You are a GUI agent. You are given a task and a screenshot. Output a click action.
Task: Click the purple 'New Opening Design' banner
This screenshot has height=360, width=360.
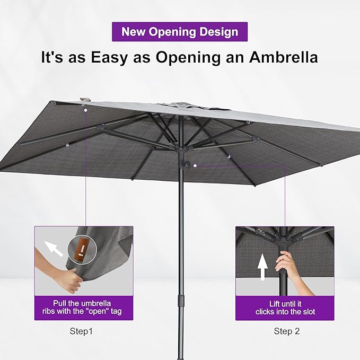coord(180,31)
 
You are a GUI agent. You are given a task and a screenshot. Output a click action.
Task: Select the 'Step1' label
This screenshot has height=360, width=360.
coord(81,331)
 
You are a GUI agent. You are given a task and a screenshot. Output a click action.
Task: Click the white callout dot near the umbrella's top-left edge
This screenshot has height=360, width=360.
coord(85,110)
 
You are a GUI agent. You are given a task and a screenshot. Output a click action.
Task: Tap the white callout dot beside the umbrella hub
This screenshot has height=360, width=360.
coord(195,165)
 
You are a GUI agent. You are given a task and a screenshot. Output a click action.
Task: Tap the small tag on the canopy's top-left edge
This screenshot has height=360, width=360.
coord(84,100)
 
